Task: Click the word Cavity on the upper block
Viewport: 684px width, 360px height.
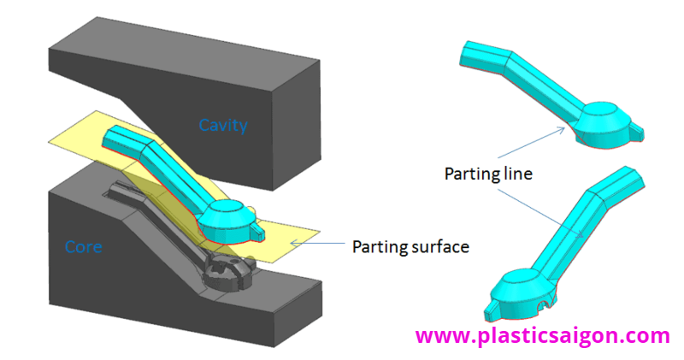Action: [x=223, y=126]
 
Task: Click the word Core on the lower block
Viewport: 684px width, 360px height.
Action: [x=85, y=247]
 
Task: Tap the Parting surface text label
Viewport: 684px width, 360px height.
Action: [x=410, y=247]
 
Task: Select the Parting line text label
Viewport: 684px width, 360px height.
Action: [x=488, y=174]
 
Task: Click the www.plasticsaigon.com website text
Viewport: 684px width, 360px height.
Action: [x=543, y=336]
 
